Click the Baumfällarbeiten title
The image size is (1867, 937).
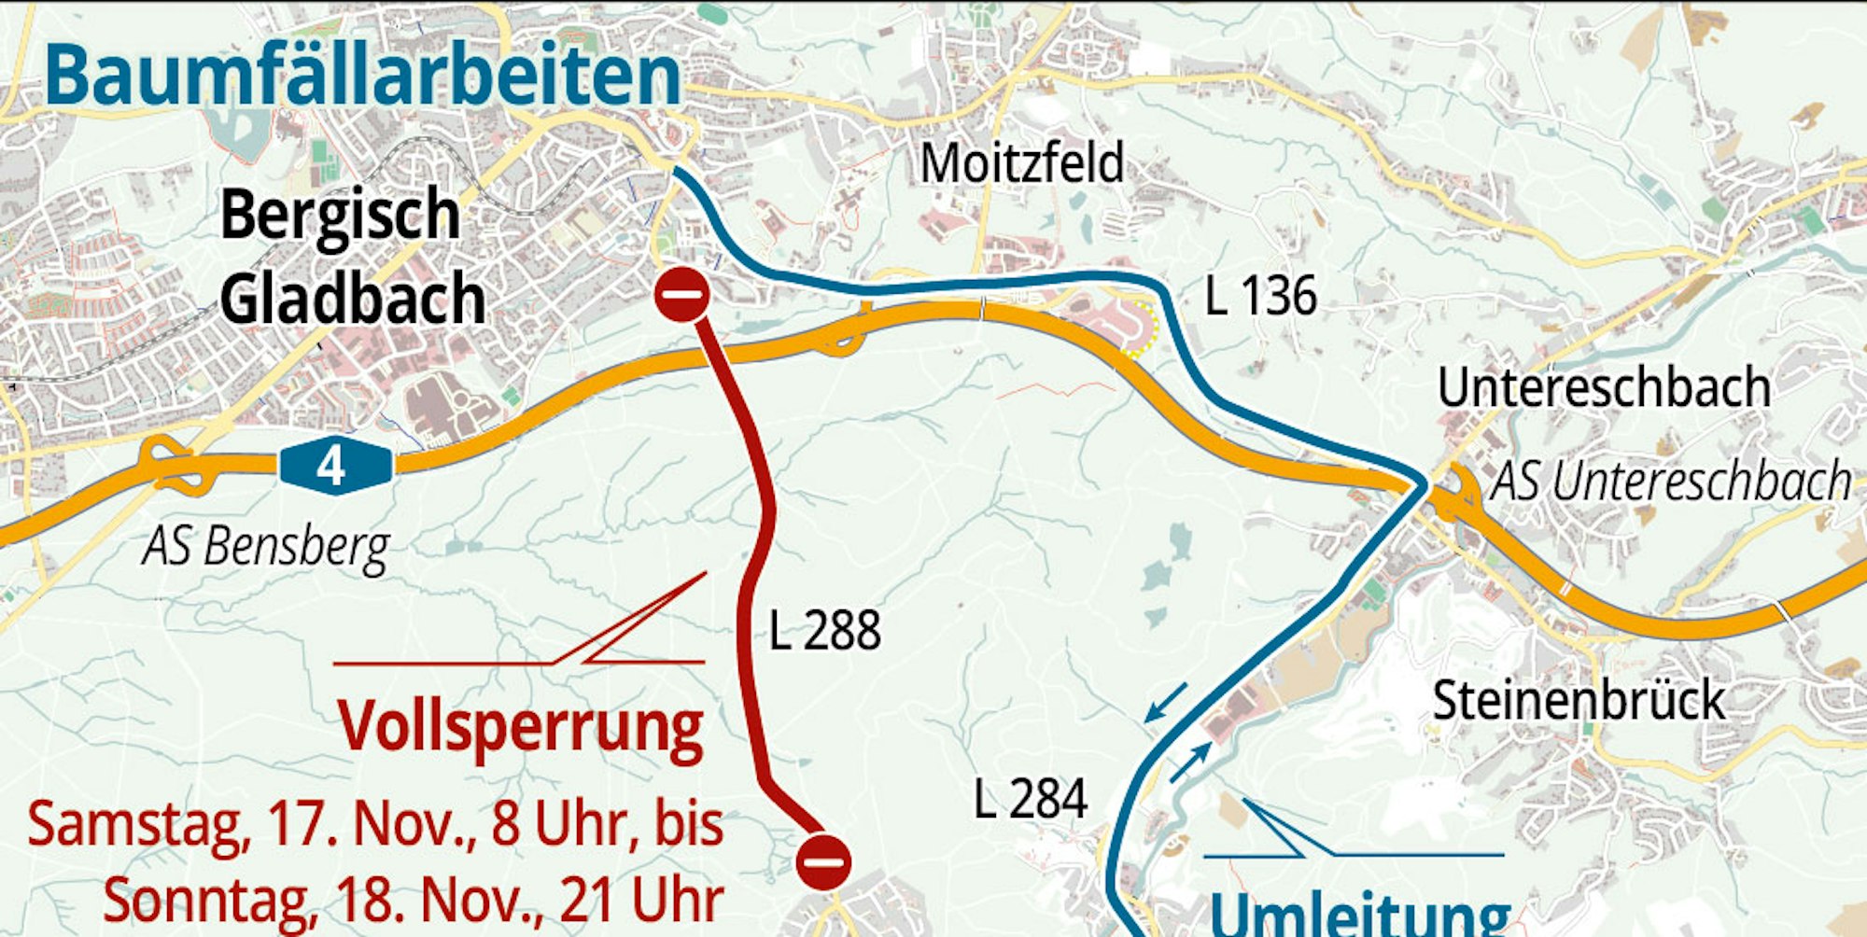362,75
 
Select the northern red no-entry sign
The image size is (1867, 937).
681,295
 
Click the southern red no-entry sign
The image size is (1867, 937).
822,860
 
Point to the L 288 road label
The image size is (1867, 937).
824,631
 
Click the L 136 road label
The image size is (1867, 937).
1260,297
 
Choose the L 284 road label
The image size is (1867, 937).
1031,800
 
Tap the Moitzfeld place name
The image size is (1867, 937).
1022,164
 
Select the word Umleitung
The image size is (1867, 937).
1359,913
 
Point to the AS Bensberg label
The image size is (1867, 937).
266,546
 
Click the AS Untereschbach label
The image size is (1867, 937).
1670,482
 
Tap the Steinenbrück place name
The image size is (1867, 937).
1579,700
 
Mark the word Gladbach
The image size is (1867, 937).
353,300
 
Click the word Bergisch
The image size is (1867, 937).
341,215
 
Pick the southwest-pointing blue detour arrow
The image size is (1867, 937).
1165,703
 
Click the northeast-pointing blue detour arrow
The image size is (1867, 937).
1191,762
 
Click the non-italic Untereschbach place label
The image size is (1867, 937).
1603,388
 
